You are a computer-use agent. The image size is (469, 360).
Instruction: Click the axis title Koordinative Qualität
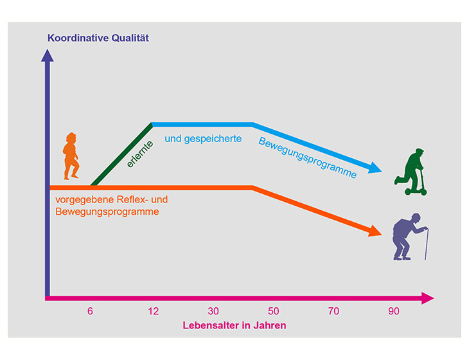click(98, 39)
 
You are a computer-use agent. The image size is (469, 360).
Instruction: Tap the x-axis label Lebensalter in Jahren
click(234, 325)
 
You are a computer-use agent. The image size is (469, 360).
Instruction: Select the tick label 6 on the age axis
click(90, 311)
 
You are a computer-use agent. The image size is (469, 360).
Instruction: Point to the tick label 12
click(154, 311)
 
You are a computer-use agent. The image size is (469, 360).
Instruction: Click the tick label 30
click(213, 311)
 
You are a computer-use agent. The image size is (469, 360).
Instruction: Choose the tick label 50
click(274, 311)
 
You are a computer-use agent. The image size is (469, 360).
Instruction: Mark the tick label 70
click(333, 311)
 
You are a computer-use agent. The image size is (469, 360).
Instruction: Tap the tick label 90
click(394, 311)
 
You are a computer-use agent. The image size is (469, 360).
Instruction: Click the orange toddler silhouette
click(71, 156)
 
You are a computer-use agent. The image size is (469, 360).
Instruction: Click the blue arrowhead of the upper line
click(375, 168)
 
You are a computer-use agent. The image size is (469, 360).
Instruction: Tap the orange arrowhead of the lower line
click(375, 231)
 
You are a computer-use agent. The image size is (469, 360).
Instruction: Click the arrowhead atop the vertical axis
click(48, 56)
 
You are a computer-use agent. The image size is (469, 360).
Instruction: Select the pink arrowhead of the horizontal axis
click(428, 298)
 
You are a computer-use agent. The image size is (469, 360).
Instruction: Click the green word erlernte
click(140, 154)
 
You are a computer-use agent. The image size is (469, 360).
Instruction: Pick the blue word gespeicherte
click(213, 139)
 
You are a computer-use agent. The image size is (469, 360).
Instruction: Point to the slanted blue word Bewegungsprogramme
click(308, 157)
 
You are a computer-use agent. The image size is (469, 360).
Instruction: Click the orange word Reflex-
click(132, 199)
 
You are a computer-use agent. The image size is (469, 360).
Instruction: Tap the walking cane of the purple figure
click(426, 244)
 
